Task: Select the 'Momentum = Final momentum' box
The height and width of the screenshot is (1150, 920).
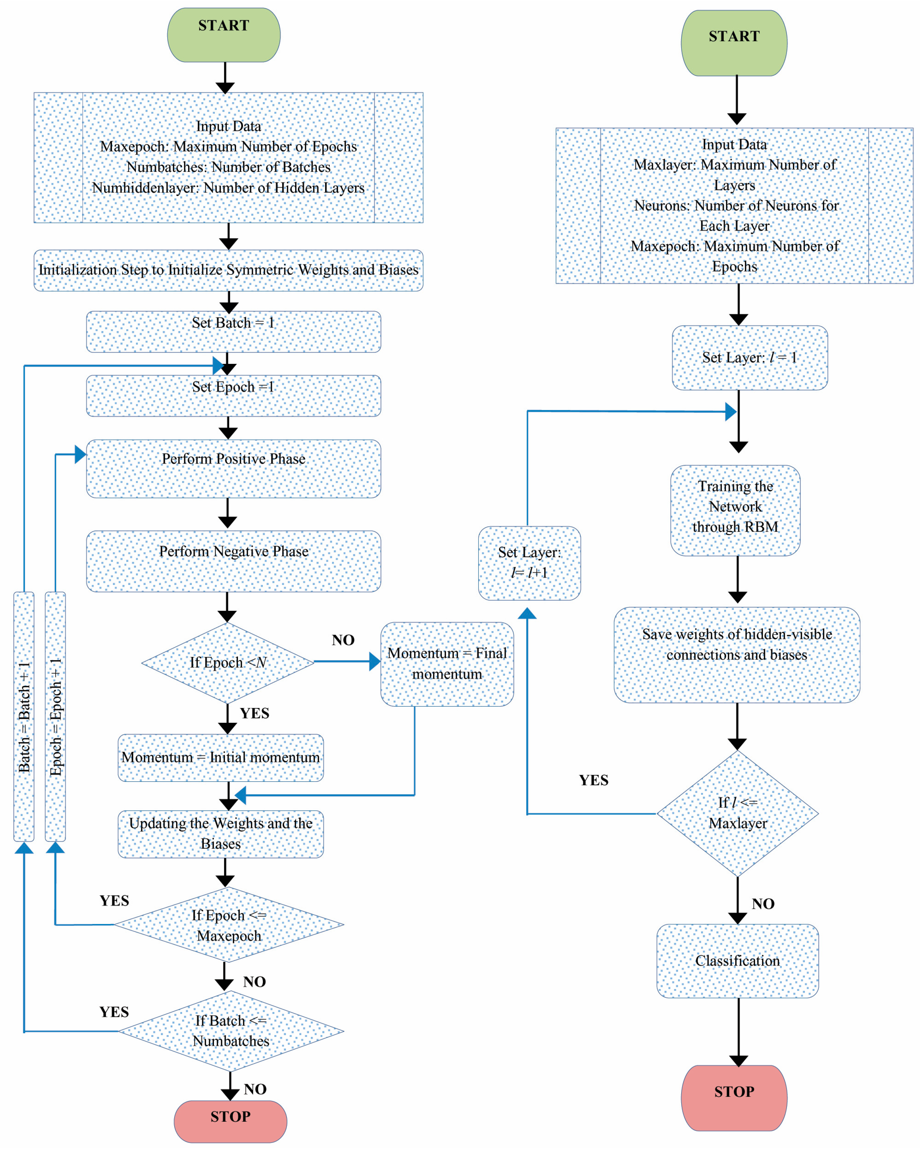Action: pos(447,664)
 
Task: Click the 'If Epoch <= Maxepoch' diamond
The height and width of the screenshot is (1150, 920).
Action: pos(229,925)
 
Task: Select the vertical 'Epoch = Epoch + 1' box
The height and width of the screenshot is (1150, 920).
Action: pos(56,716)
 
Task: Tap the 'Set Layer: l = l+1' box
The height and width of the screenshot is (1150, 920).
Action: pos(529,563)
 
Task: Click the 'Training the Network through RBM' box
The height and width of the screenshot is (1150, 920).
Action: pos(735,511)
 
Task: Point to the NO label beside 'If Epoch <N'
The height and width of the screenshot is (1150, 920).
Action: pos(343,640)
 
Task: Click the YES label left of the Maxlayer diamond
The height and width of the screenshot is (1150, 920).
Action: pos(593,780)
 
